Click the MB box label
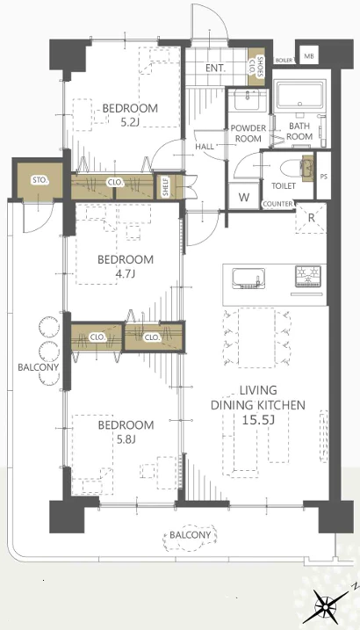pos(308,56)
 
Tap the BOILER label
pos(284,61)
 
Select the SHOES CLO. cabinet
pos(256,67)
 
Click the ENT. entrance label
pos(216,69)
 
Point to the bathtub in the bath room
pos(299,96)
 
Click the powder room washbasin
pos(248,100)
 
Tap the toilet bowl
pos(293,169)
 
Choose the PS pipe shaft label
pos(324,177)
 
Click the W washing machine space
pos(244,197)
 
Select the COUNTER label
pos(277,204)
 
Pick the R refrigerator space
pos(311,218)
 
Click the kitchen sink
pos(249,279)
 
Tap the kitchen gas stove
pos(308,277)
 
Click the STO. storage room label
pos(40,180)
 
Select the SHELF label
pos(166,187)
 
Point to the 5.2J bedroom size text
pos(130,122)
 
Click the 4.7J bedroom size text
pos(126,274)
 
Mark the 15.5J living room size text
pos(258,420)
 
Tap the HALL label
pos(205,147)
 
